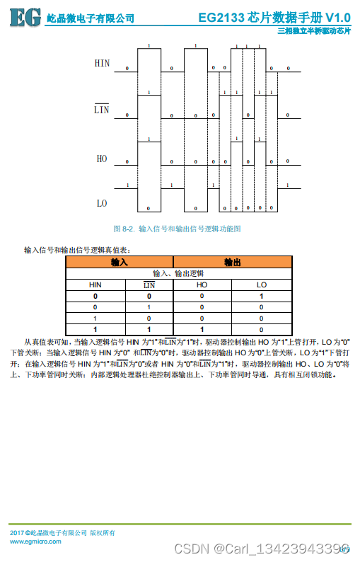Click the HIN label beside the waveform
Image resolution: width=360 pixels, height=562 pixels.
point(103,64)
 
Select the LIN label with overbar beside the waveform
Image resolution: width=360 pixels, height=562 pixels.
point(102,110)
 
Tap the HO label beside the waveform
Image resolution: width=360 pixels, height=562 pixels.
point(102,159)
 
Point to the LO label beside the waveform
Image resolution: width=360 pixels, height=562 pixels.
point(102,203)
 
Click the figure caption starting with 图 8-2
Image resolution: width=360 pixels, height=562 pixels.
point(178,229)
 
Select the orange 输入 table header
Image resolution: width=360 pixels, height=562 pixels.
point(120,262)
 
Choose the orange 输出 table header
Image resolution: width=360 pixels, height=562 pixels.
point(232,262)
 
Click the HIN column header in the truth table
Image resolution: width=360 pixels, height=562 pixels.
point(95,285)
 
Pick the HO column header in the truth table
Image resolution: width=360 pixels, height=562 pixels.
point(202,285)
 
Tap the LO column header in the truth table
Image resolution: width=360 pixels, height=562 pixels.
point(262,285)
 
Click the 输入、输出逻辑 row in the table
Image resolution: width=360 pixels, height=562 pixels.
point(178,273)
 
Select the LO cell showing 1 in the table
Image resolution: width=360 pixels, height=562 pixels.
point(262,296)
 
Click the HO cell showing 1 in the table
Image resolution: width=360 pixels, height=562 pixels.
point(202,329)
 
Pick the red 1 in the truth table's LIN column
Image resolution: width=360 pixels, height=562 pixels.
point(149,307)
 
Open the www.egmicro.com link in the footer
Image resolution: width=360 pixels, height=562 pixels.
point(35,541)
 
